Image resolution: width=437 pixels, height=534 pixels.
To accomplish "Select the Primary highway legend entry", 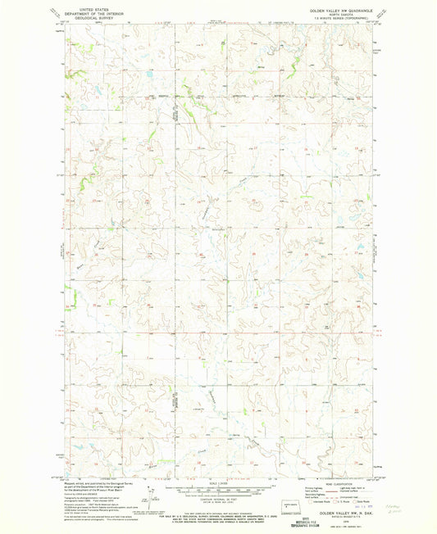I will tap(313, 490).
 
